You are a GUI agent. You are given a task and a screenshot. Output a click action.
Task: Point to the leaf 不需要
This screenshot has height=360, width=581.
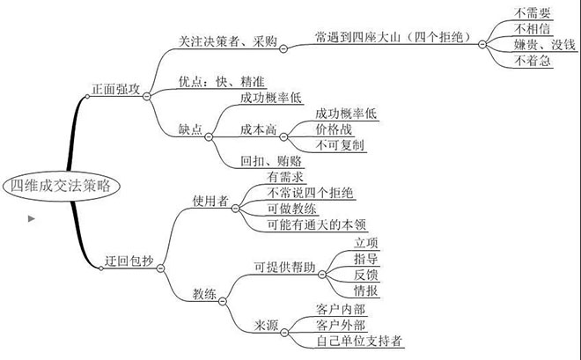533,13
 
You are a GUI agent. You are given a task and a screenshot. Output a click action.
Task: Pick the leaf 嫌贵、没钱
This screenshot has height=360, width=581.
541,45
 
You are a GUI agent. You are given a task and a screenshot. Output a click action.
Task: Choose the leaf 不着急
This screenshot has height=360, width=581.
533,61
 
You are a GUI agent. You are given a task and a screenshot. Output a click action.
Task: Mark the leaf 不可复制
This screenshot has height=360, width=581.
340,144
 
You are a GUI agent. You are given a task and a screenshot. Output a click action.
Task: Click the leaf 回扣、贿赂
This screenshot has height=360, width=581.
271,160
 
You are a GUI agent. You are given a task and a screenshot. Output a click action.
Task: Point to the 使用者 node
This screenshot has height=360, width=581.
210,201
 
